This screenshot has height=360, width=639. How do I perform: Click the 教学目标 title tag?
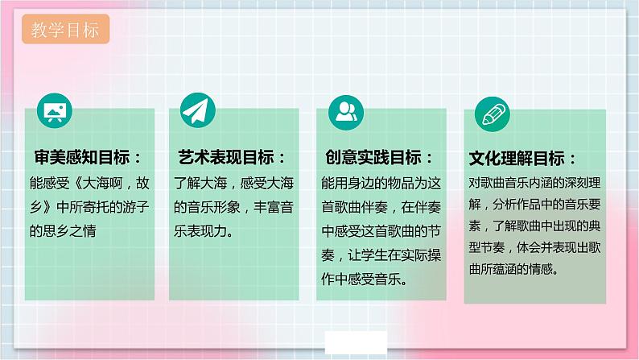click(x=66, y=31)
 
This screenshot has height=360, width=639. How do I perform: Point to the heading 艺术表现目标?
click(x=233, y=156)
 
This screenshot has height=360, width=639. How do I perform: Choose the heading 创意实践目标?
click(x=379, y=156)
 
